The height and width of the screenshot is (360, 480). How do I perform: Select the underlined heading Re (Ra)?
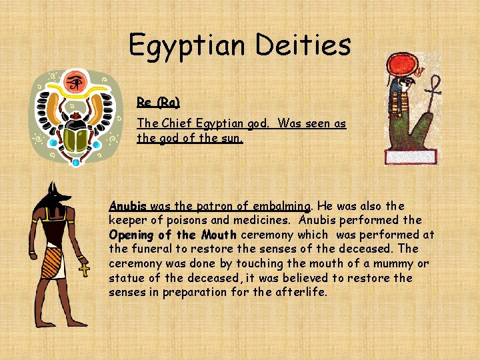(158, 102)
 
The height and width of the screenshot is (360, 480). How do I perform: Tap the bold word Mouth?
(217, 235)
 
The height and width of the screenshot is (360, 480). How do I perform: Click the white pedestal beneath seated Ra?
(411, 157)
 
